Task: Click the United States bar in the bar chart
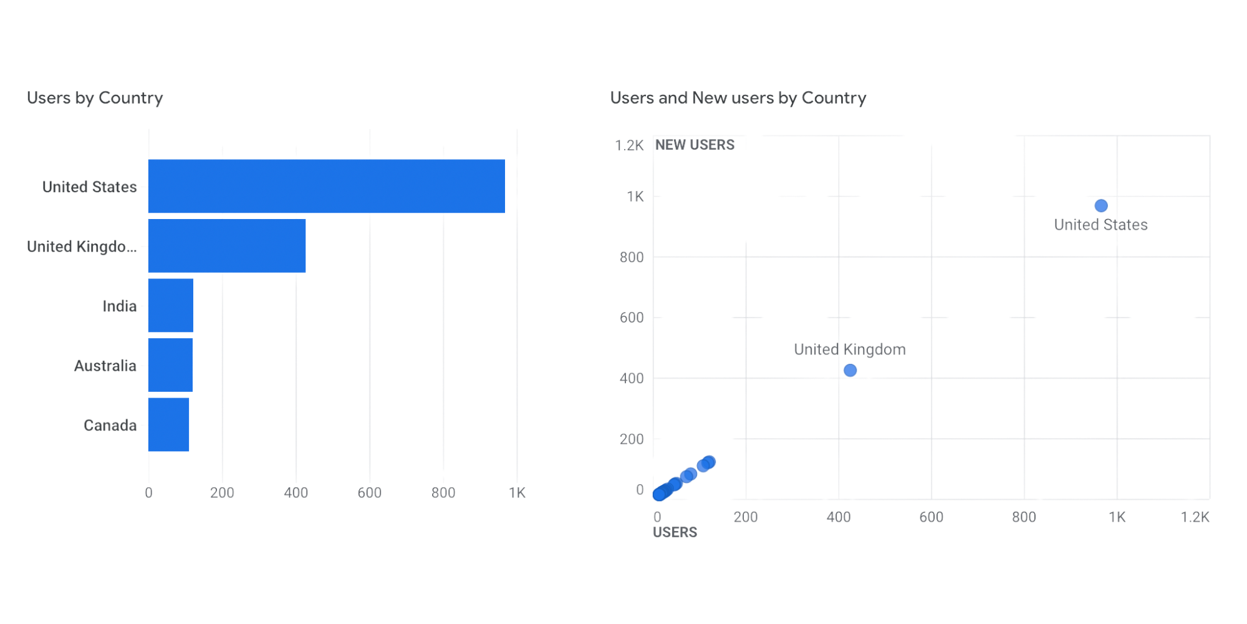pos(327,186)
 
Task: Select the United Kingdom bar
pos(227,246)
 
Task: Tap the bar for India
pos(171,305)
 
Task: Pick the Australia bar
pos(170,365)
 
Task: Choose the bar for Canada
pos(168,424)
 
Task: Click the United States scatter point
pos(1101,205)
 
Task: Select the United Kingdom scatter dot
pos(850,371)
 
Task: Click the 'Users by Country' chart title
pos(95,98)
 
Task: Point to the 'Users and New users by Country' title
pos(738,98)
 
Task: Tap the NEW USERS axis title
pos(695,145)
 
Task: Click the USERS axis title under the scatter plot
pos(675,532)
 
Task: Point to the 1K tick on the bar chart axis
pos(517,493)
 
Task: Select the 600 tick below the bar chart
pos(369,493)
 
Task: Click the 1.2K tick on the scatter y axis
pos(629,145)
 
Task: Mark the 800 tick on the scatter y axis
pos(632,257)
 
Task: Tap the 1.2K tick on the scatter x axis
pos(1195,517)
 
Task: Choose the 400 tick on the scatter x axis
pos(839,517)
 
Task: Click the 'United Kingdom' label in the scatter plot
pos(850,349)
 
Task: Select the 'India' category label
pos(120,306)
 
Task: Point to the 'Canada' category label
pos(110,426)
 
